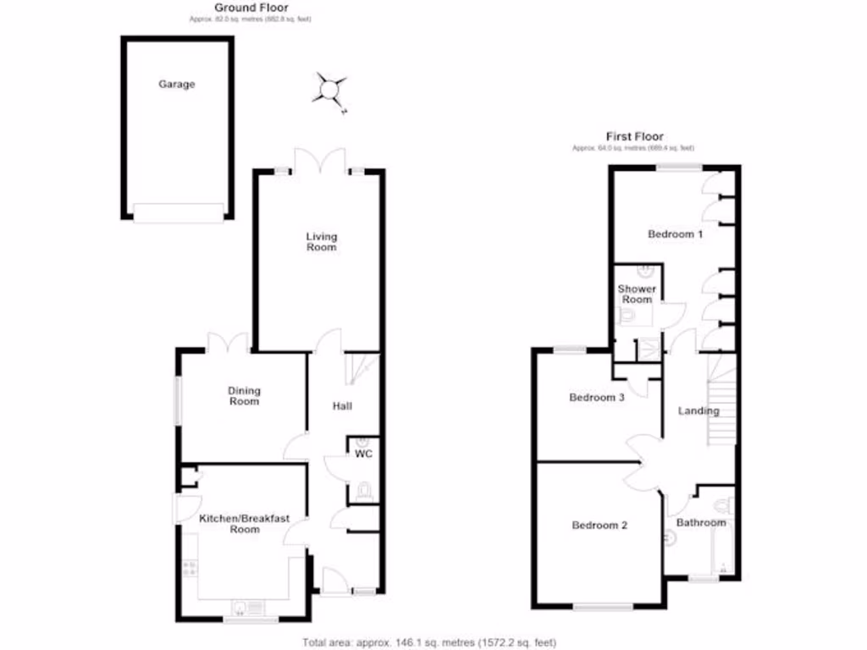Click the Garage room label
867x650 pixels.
(x=177, y=85)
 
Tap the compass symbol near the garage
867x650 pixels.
(x=330, y=88)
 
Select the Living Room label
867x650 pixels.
(x=322, y=242)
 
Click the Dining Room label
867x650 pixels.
(x=244, y=396)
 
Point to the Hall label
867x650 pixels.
(x=342, y=407)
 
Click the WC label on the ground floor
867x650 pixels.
(x=364, y=454)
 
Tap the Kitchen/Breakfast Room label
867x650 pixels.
(x=244, y=523)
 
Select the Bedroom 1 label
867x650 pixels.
(x=675, y=234)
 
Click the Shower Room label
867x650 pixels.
(x=637, y=295)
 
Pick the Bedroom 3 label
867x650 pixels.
(x=597, y=398)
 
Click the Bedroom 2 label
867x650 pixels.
(x=599, y=526)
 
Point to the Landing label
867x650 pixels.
(x=699, y=411)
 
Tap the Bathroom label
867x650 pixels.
(x=701, y=523)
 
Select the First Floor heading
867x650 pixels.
(x=634, y=136)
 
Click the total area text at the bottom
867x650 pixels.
(x=429, y=642)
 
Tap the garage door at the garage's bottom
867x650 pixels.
(x=179, y=212)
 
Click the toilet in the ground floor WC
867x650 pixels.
(x=364, y=490)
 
